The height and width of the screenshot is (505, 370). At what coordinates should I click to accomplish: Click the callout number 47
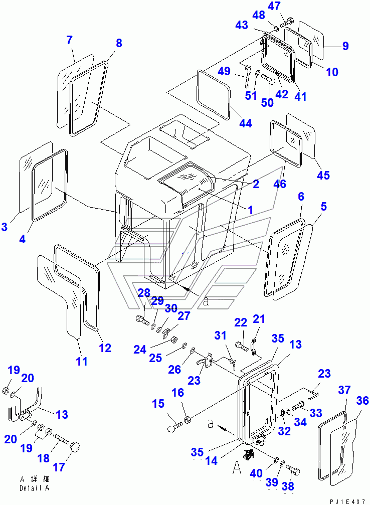(x=288, y=7)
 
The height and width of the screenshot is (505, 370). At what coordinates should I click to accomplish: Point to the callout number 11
(x=82, y=361)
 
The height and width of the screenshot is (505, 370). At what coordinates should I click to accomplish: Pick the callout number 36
(x=362, y=402)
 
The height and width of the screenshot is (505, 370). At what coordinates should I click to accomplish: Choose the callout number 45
(x=324, y=175)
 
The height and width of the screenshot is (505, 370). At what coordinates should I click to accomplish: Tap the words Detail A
(x=34, y=488)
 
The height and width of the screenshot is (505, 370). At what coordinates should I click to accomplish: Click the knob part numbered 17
(x=75, y=446)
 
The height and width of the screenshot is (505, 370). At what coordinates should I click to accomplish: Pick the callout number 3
(x=5, y=227)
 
